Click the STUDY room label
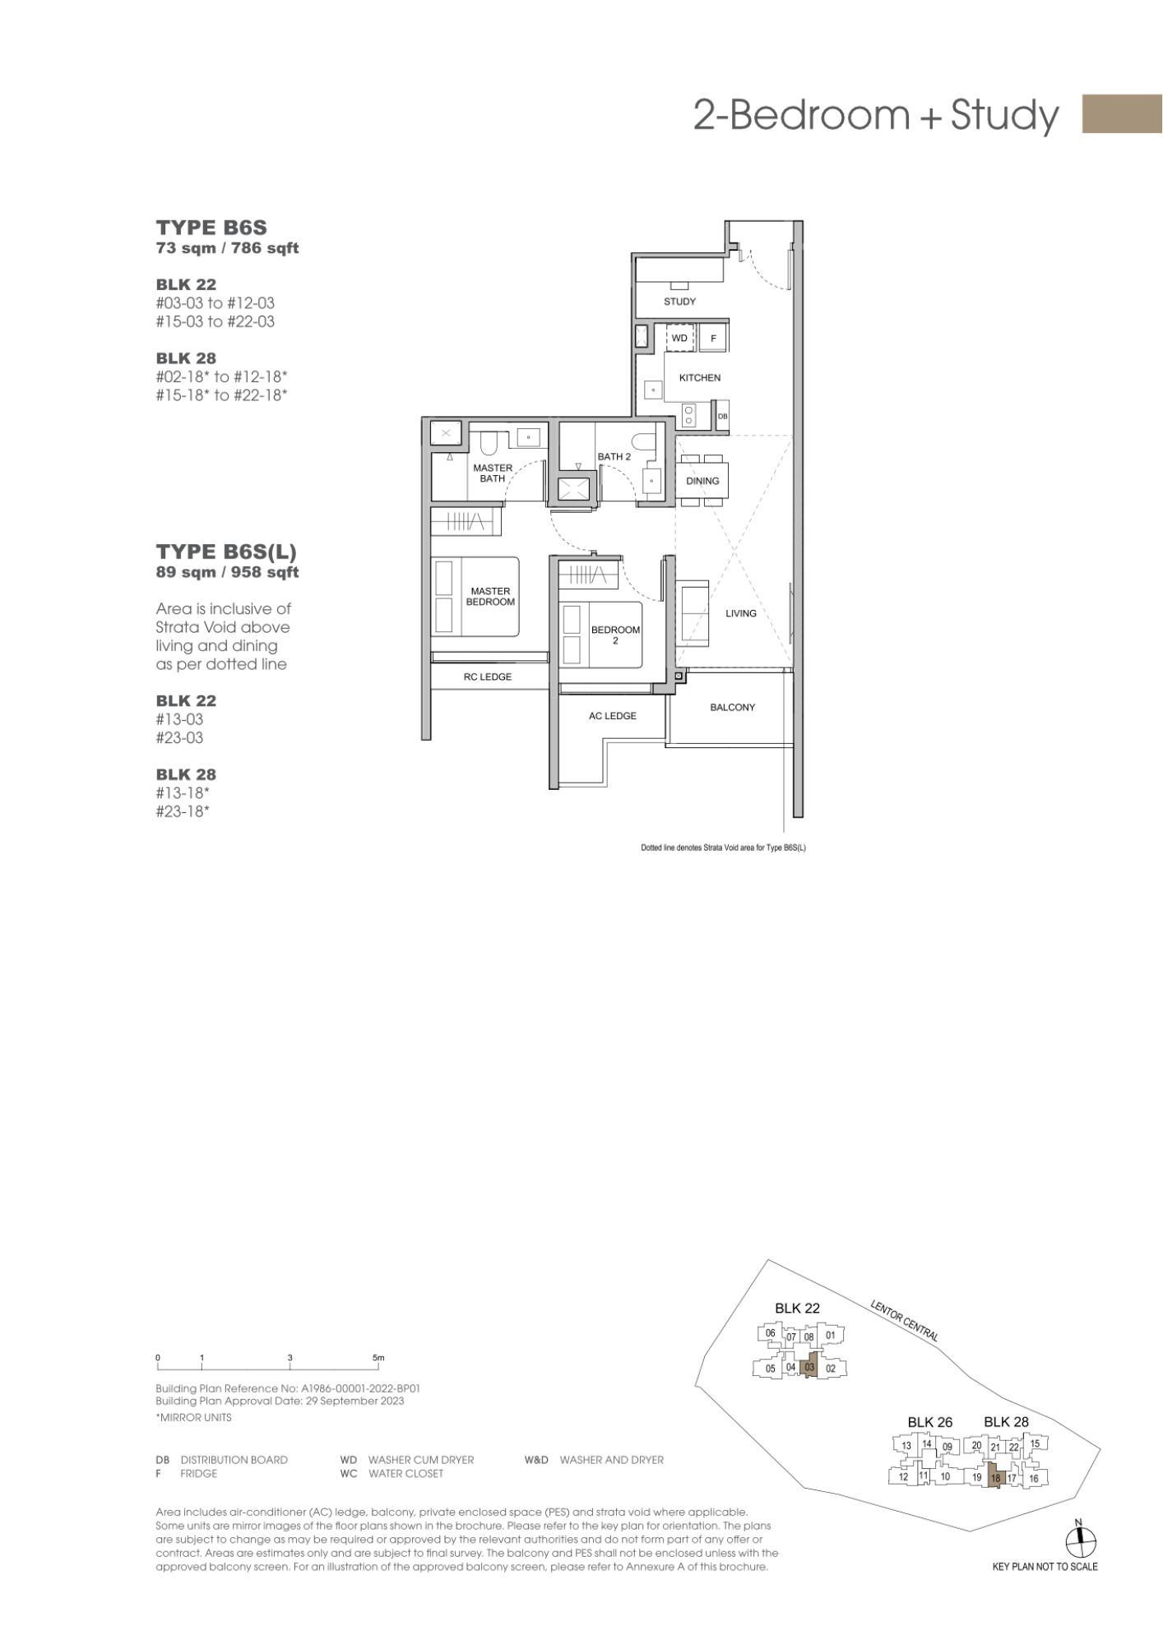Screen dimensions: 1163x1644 tap(679, 302)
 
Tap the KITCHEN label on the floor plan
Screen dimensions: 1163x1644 tap(700, 378)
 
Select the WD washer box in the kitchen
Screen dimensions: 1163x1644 tap(680, 338)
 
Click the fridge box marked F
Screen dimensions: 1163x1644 tap(713, 338)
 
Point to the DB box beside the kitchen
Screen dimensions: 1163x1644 tap(723, 416)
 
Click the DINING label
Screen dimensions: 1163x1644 tap(702, 481)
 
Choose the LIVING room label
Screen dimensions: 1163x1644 tap(741, 613)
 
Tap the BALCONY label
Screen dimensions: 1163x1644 tap(732, 707)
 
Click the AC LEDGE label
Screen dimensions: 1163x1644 tap(613, 716)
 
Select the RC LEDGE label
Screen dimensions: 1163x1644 tap(488, 677)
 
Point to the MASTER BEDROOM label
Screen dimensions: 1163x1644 tap(490, 597)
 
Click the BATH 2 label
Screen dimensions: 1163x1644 tap(614, 457)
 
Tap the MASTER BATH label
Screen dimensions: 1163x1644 tap(493, 473)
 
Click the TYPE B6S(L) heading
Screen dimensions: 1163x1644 tap(226, 551)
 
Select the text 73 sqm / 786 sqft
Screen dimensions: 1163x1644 tap(227, 248)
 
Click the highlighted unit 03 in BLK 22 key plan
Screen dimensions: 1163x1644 tap(809, 1367)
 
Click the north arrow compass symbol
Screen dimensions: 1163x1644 tap(1081, 1540)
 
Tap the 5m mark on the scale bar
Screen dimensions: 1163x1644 tap(378, 1357)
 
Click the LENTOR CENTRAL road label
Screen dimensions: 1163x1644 tap(904, 1320)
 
